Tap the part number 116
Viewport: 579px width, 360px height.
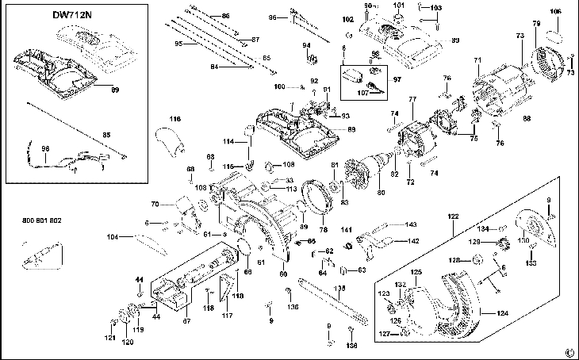tap(175, 119)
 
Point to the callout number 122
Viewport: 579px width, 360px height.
tap(453, 216)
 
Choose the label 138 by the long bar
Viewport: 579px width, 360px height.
tap(339, 289)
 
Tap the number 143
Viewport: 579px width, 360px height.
tap(412, 224)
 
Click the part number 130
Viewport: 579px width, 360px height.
tap(523, 241)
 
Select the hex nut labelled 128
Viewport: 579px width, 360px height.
tap(478, 259)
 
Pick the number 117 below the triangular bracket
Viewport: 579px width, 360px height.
tap(228, 316)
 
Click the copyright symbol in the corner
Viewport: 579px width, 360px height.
tap(568, 352)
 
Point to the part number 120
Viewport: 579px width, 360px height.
tap(127, 343)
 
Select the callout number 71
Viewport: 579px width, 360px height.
tap(477, 61)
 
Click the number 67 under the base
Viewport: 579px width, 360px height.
tap(187, 321)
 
